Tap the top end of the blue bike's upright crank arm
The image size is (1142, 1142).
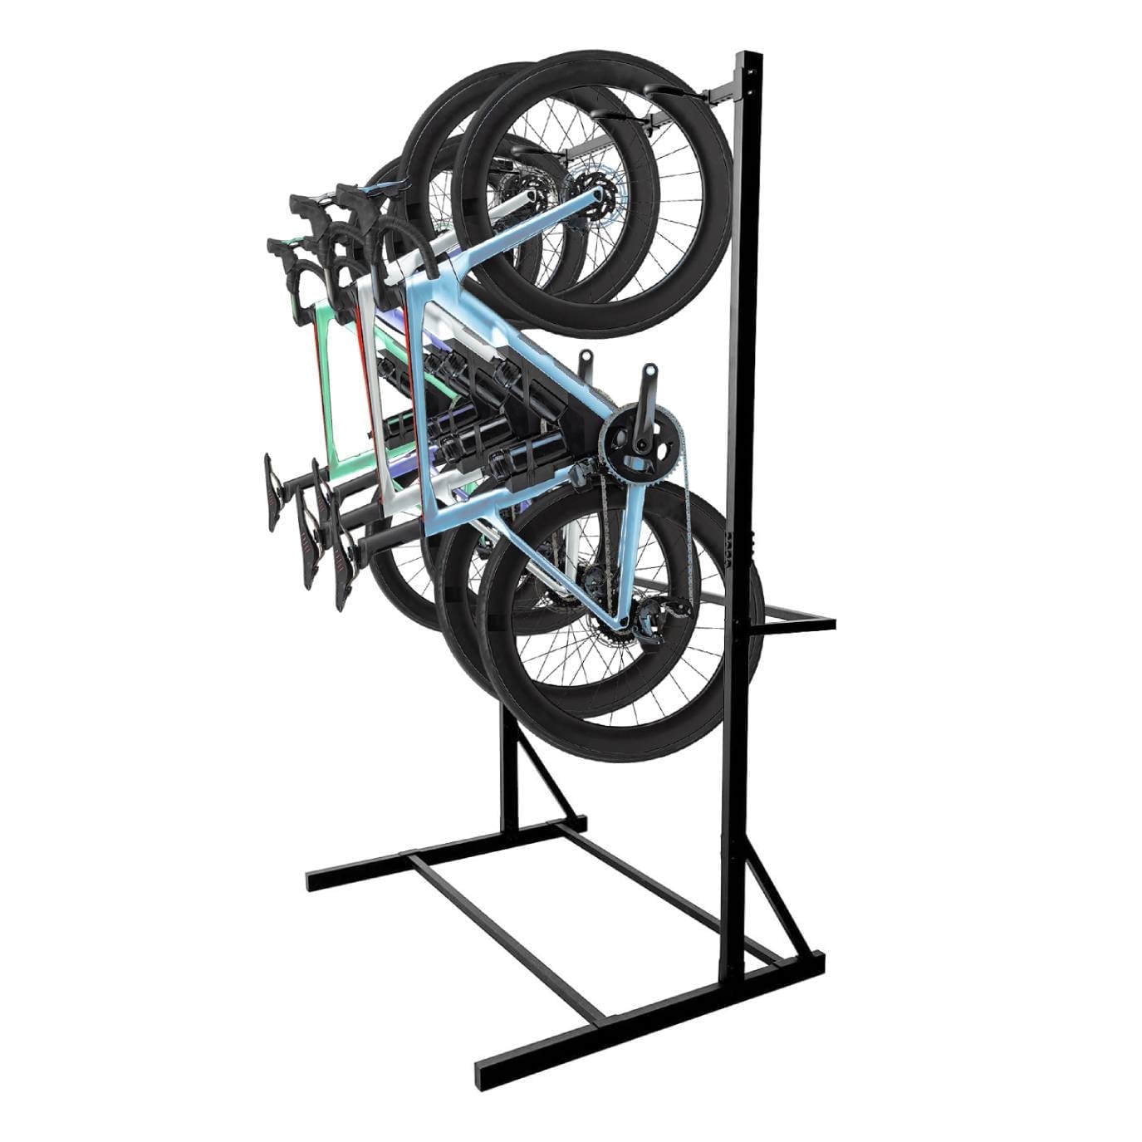[649, 369]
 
